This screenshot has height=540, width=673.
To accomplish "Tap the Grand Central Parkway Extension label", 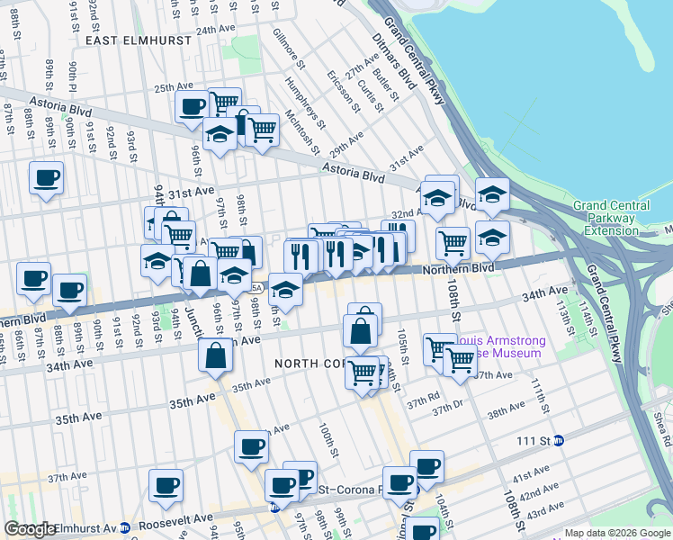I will tap(616, 219).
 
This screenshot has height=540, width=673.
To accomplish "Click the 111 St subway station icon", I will tap(558, 440).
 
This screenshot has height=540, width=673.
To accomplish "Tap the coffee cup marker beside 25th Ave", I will tap(192, 108).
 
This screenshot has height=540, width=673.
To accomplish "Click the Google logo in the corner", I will tap(30, 529).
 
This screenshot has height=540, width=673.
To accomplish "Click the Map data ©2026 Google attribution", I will tap(616, 533).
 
